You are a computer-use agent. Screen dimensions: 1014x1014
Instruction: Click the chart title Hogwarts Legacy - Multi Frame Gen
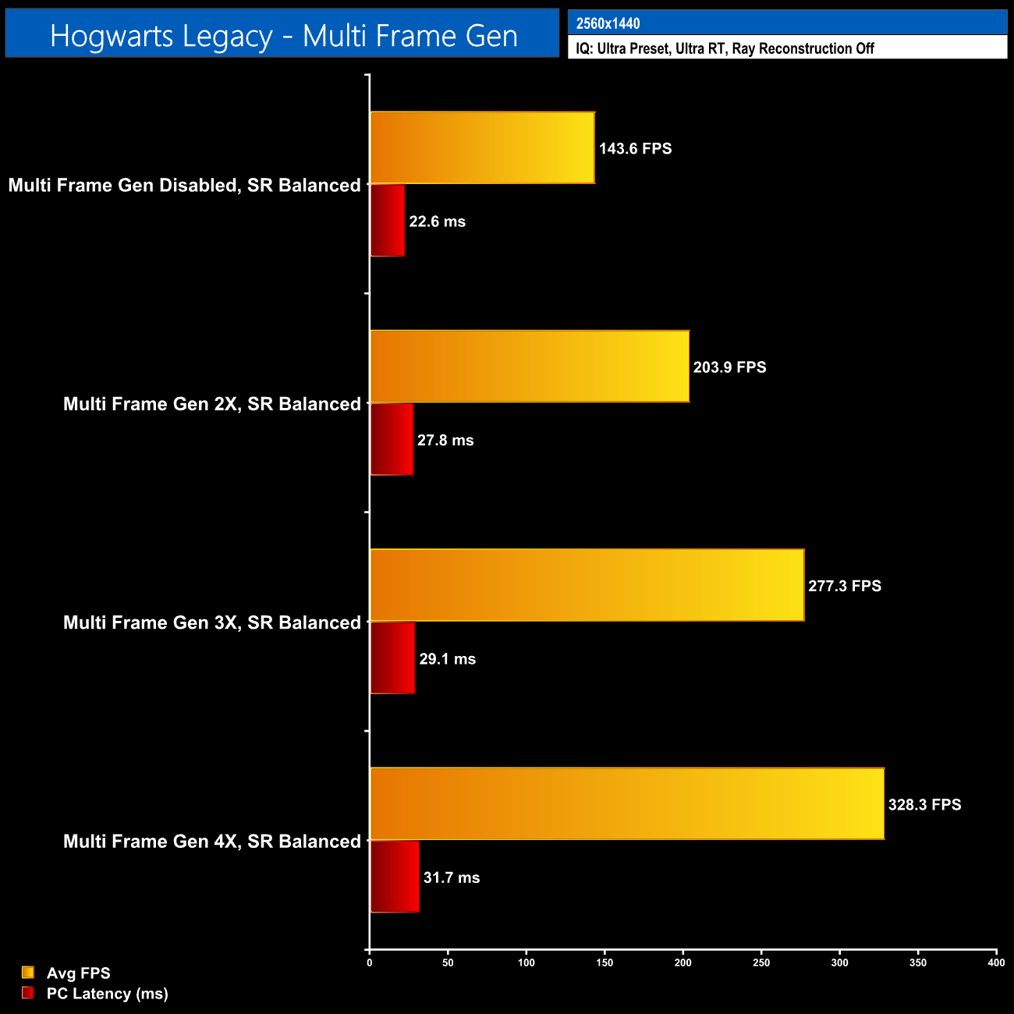pyautogui.click(x=283, y=36)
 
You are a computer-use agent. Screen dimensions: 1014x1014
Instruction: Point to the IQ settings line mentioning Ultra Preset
pyautogui.click(x=725, y=48)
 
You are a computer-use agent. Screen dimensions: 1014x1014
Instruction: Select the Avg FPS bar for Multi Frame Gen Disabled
pyautogui.click(x=482, y=147)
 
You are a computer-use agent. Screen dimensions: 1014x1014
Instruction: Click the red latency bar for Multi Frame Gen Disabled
pyautogui.click(x=388, y=221)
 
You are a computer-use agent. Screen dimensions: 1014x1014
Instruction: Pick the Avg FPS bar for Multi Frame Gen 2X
pyautogui.click(x=530, y=367)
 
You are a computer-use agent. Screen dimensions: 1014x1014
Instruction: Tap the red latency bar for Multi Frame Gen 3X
pyautogui.click(x=392, y=658)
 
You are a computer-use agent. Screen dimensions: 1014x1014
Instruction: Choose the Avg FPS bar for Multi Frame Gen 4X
pyautogui.click(x=627, y=803)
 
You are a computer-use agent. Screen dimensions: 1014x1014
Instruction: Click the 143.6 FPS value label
pyautogui.click(x=635, y=148)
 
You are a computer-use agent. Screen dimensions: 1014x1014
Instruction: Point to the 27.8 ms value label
pyautogui.click(x=445, y=440)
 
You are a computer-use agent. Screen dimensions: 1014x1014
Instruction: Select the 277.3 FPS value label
pyautogui.click(x=845, y=586)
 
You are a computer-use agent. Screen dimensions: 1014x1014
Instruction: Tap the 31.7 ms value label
pyautogui.click(x=452, y=877)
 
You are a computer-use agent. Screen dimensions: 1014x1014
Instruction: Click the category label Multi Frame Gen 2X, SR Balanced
pyautogui.click(x=212, y=404)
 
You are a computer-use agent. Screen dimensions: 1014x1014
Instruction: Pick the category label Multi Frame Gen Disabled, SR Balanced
pyautogui.click(x=185, y=185)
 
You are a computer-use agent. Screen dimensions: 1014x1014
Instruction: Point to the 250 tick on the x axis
pyautogui.click(x=761, y=963)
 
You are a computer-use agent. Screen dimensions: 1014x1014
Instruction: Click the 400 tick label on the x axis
pyautogui.click(x=996, y=963)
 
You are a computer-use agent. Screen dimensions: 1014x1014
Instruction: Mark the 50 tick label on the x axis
pyautogui.click(x=448, y=963)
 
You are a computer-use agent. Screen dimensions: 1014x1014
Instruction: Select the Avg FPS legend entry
pyautogui.click(x=78, y=973)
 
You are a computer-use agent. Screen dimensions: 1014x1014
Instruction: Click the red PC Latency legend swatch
pyautogui.click(x=28, y=993)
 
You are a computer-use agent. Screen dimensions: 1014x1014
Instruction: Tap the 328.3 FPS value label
pyautogui.click(x=924, y=804)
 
